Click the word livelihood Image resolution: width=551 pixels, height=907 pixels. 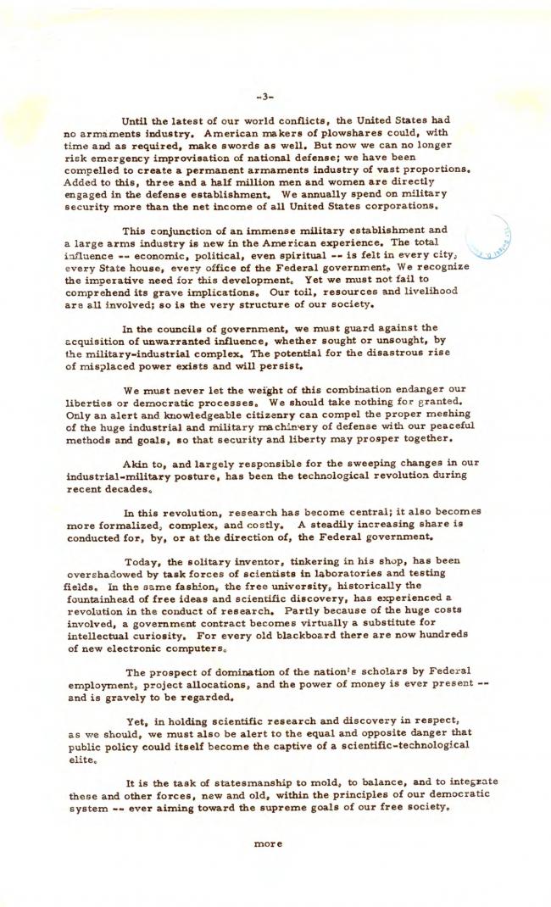coord(426,290)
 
